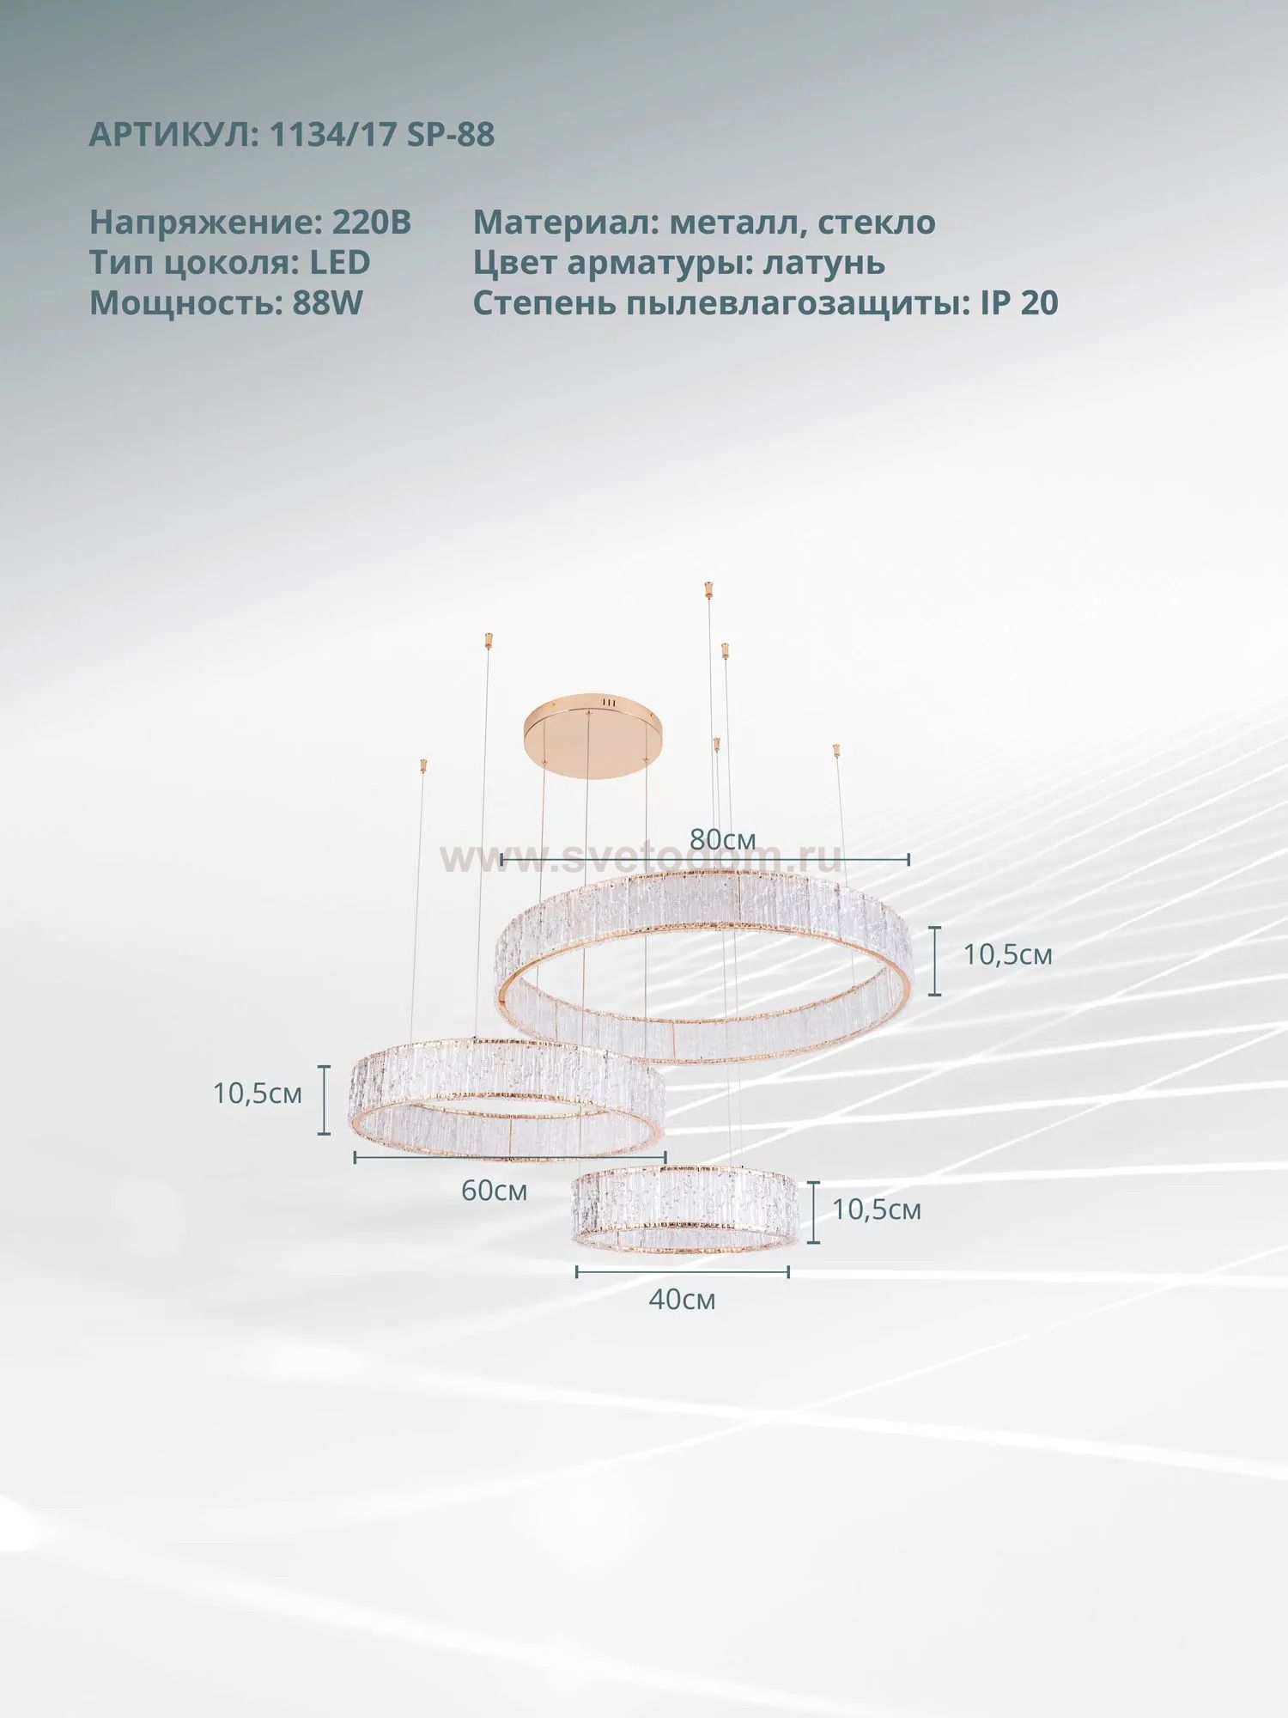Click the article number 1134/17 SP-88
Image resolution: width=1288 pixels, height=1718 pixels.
(382, 135)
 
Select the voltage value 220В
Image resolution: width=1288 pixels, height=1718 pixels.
(371, 222)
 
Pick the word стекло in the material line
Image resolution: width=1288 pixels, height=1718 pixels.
(876, 222)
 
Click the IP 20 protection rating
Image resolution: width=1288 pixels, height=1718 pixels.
(1019, 302)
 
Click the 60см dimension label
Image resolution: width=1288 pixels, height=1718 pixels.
(494, 1191)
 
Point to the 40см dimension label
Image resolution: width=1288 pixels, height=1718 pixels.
(682, 1299)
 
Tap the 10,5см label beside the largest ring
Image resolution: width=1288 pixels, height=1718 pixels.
(1007, 954)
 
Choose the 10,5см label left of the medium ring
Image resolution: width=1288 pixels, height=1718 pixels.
(258, 1094)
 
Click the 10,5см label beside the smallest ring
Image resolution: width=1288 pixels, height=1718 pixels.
(877, 1209)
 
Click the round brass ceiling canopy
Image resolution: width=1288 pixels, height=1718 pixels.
(589, 730)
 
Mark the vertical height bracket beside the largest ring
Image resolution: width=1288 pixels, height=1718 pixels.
(936, 960)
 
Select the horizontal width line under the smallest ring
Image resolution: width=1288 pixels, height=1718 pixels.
(683, 1271)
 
